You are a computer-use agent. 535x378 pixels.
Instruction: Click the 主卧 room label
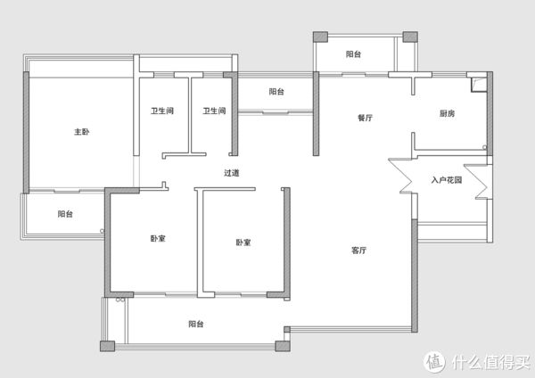click(x=82, y=132)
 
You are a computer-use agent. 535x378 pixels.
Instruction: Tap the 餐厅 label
click(x=365, y=118)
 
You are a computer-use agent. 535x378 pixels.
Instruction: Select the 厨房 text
click(x=447, y=113)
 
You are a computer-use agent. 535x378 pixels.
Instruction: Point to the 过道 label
click(x=232, y=173)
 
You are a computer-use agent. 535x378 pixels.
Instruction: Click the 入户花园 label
click(x=447, y=180)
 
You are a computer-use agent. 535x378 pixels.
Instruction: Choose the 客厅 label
click(x=359, y=251)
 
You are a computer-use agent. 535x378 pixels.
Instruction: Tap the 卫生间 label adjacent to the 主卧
click(x=162, y=111)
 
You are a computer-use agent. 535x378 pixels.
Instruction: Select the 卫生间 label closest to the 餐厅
click(x=214, y=111)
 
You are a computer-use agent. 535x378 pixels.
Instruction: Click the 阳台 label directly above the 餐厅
click(x=353, y=53)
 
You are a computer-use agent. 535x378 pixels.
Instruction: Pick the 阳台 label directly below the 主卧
click(x=65, y=214)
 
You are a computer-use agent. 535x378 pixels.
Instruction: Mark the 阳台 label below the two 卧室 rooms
click(x=196, y=324)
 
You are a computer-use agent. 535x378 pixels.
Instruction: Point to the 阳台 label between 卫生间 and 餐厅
click(x=276, y=92)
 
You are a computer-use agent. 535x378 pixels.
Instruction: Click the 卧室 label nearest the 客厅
click(x=243, y=242)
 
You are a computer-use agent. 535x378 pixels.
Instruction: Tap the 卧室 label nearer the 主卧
click(x=158, y=238)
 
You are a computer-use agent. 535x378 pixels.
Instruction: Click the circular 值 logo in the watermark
click(x=434, y=362)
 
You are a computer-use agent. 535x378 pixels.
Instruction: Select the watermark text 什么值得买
click(x=491, y=362)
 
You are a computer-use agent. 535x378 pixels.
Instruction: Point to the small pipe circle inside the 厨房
click(x=484, y=147)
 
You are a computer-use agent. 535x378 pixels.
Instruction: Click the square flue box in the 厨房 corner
click(x=478, y=85)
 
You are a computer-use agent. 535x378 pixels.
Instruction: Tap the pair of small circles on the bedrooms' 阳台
click(x=120, y=300)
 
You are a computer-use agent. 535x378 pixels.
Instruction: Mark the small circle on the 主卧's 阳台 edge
click(x=102, y=231)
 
